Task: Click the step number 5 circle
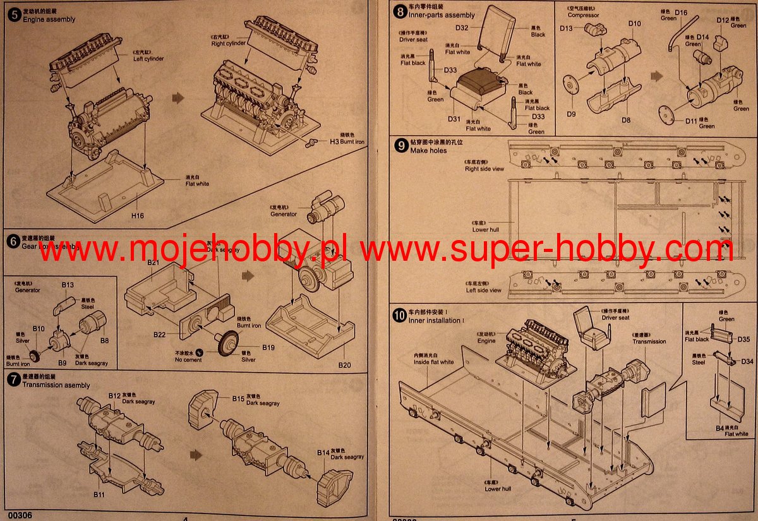coord(14,13)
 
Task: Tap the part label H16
coord(138,215)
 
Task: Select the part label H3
coord(334,141)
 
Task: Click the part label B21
coord(153,261)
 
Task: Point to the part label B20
coord(344,366)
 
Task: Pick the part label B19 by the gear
coord(268,347)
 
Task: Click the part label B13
coord(68,285)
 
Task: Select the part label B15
coord(238,398)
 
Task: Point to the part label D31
coord(454,119)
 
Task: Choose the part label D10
coord(634,24)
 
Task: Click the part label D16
coord(681,13)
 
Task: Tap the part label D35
coord(743,340)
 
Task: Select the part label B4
coord(719,428)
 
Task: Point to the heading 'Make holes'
coord(428,151)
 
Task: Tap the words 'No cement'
coord(188,360)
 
